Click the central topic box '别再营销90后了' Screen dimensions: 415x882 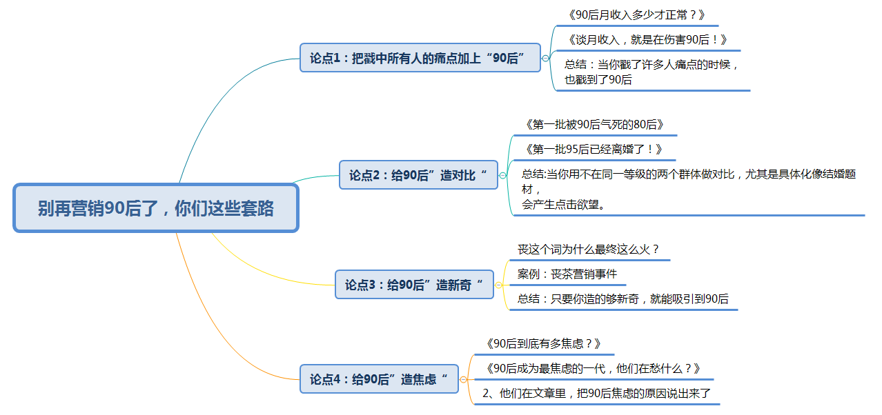pyautogui.click(x=155, y=207)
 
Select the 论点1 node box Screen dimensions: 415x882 pyautogui.click(x=420, y=58)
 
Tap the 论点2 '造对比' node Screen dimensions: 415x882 pyautogui.click(x=418, y=175)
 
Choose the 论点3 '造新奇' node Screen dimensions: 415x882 pyautogui.click(x=414, y=285)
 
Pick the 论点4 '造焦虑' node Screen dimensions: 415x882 pyautogui.click(x=379, y=379)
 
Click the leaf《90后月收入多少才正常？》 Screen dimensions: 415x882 pyautogui.click(x=635, y=14)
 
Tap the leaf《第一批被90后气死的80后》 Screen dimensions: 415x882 pyautogui.click(x=594, y=125)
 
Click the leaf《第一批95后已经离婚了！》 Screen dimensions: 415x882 pyautogui.click(x=594, y=149)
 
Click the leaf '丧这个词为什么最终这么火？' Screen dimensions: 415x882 pyautogui.click(x=589, y=250)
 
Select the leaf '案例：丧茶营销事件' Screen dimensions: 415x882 pyautogui.click(x=567, y=274)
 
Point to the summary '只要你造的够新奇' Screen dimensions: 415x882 pyautogui.click(x=623, y=299)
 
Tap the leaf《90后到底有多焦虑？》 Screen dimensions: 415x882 pyautogui.click(x=543, y=343)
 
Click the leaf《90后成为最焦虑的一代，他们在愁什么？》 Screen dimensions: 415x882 pyautogui.click(x=593, y=368)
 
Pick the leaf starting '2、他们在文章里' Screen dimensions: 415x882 pyautogui.click(x=596, y=394)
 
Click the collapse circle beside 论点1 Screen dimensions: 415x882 pyautogui.click(x=545, y=59)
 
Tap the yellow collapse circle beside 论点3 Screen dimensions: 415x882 pyautogui.click(x=498, y=285)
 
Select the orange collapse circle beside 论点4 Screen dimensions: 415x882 pyautogui.click(x=463, y=379)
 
